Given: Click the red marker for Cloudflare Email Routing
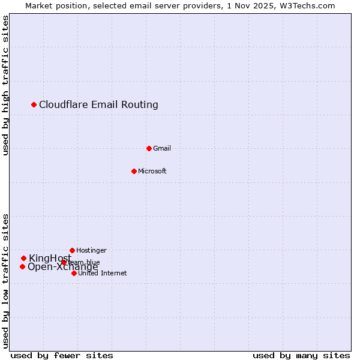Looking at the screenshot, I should pos(34,105).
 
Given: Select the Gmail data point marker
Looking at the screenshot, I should pos(149,148).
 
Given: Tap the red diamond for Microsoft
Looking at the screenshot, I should pos(134,171).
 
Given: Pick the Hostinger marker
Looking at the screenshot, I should pos(72,250).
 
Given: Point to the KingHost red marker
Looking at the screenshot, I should pos(23,258).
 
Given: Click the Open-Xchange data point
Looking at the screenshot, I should pos(22,266).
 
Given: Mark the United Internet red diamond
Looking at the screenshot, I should pos(74,273).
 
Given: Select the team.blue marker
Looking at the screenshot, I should pos(64,262).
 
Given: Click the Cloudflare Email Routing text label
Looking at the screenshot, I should pos(98,105).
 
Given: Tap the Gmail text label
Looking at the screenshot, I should pos(162,148).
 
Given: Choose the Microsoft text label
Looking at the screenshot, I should pos(152,171).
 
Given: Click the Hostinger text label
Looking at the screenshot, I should pos(91,250).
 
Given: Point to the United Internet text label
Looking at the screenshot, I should pos(103,273).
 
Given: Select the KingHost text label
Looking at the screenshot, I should pos(50,258).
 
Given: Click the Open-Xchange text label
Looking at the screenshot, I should pos(62,268).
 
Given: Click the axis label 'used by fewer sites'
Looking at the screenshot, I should pos(62,355).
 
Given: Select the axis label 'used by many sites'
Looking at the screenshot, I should pos(301,355).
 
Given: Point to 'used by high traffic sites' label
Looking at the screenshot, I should pos(5,86).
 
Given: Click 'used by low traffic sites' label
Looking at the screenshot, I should pos(5,280).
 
